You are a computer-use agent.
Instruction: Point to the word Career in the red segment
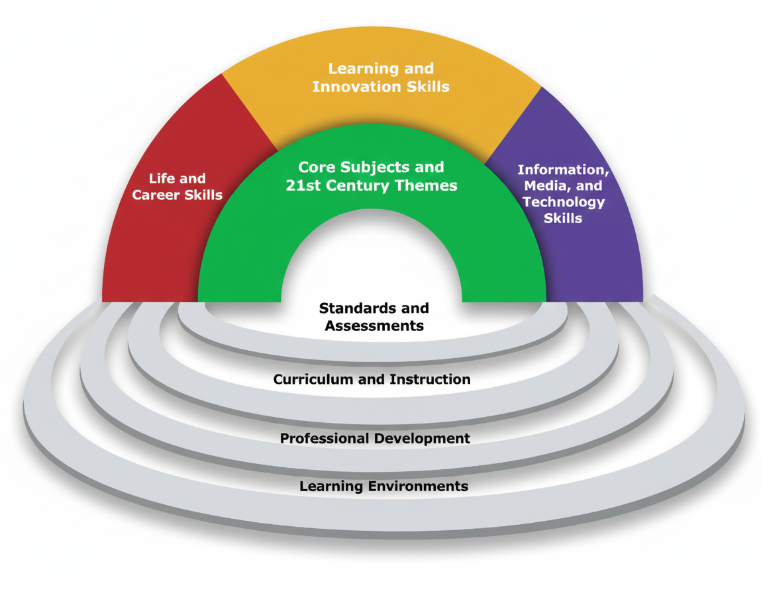click(158, 195)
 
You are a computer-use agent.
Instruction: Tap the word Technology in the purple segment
click(563, 202)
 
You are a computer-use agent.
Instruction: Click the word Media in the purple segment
click(548, 186)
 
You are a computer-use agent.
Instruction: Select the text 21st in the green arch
click(304, 185)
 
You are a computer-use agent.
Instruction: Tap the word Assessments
click(374, 326)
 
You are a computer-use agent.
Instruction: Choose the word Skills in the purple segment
click(563, 218)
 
